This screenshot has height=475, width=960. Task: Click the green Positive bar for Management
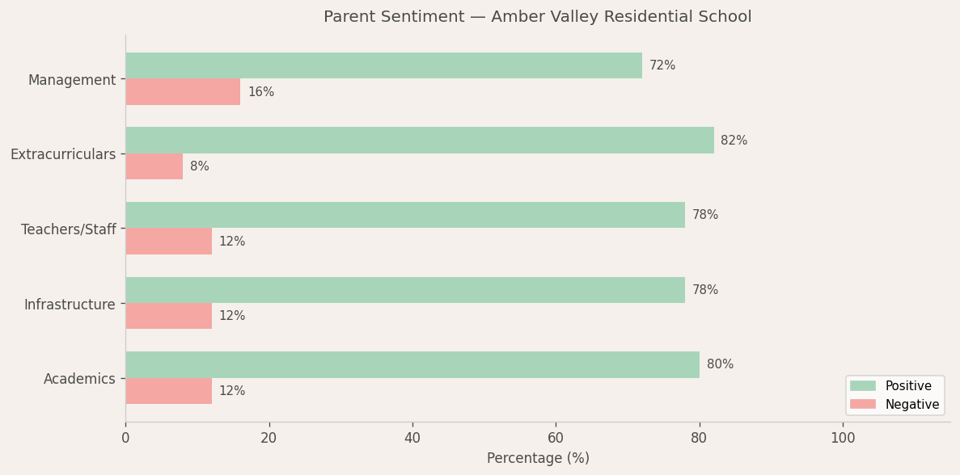coord(383,65)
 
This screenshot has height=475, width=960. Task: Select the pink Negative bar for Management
coord(183,92)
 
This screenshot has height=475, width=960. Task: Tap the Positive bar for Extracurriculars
coord(419,141)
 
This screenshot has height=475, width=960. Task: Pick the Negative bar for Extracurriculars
coord(154,166)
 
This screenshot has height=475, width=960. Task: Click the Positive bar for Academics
coord(412,364)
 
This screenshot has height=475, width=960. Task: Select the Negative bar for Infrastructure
coord(168,316)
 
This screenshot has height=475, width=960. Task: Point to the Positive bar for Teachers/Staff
coord(404,215)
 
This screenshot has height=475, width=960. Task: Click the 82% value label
coord(734,141)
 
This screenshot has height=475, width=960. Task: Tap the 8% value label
coord(199,166)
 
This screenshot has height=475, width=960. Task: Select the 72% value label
coord(662,65)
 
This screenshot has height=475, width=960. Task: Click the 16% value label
coord(260,92)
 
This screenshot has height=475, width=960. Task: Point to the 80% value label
coord(720,364)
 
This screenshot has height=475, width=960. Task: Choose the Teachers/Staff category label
coord(68,229)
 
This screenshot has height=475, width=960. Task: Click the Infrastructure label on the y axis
coord(70,305)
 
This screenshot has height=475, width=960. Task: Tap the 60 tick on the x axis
coord(556,438)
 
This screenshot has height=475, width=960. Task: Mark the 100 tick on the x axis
coord(843,438)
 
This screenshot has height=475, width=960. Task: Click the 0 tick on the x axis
coord(125,438)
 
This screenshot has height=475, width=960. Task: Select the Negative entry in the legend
coord(911,404)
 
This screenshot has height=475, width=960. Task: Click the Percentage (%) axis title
coord(538,458)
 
